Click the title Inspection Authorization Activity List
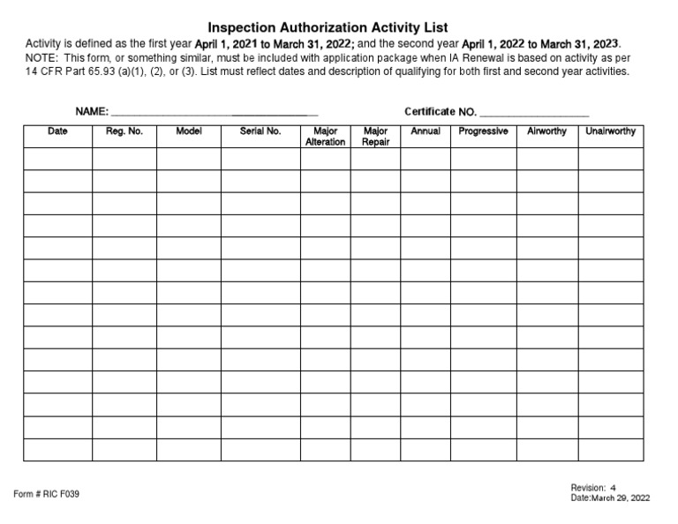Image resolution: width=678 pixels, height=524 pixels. [x=328, y=27]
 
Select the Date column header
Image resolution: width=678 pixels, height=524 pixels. [x=57, y=131]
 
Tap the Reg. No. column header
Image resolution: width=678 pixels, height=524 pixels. [x=124, y=131]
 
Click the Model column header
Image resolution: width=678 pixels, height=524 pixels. [x=189, y=131]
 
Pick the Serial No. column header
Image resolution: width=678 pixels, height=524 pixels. [x=260, y=131]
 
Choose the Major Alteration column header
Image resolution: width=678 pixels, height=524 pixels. [x=325, y=137]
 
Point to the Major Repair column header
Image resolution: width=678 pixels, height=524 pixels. [x=375, y=137]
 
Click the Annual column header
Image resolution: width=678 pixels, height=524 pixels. [x=426, y=131]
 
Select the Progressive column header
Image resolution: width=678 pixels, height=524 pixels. [x=483, y=131]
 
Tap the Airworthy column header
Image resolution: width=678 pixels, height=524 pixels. [x=546, y=131]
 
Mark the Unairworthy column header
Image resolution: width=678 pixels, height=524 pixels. [x=610, y=131]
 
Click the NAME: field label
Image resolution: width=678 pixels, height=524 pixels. [x=92, y=112]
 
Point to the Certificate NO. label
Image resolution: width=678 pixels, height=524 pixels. [x=441, y=112]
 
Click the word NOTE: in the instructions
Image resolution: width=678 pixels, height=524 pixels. [x=42, y=57]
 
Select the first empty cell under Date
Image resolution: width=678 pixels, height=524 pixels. [x=57, y=159]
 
